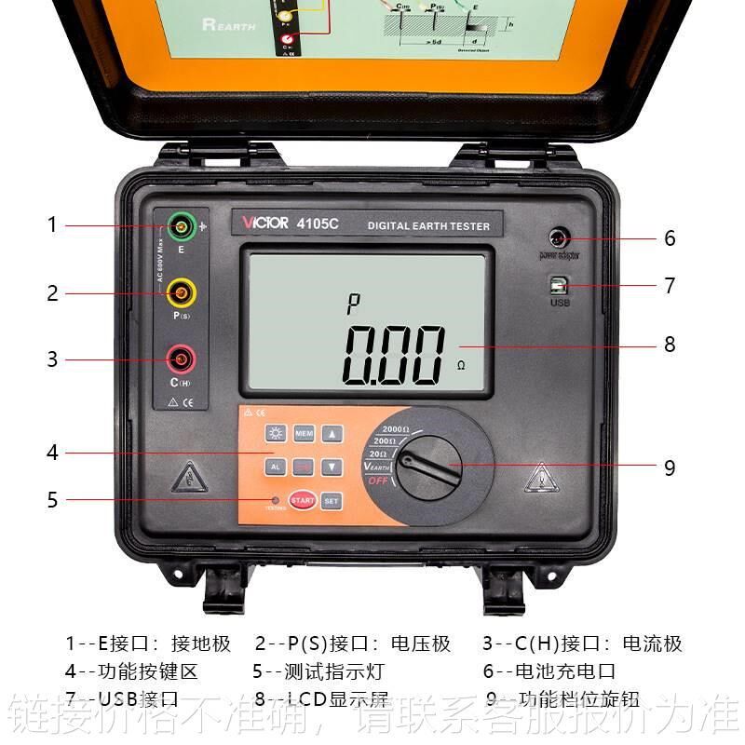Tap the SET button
point(332,500)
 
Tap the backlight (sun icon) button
point(275,434)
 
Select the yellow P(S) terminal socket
point(181,293)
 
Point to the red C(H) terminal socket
point(181,359)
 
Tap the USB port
point(560,284)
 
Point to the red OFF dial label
point(376,481)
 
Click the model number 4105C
point(318,223)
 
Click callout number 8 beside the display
point(669,345)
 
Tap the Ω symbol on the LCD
point(460,366)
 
